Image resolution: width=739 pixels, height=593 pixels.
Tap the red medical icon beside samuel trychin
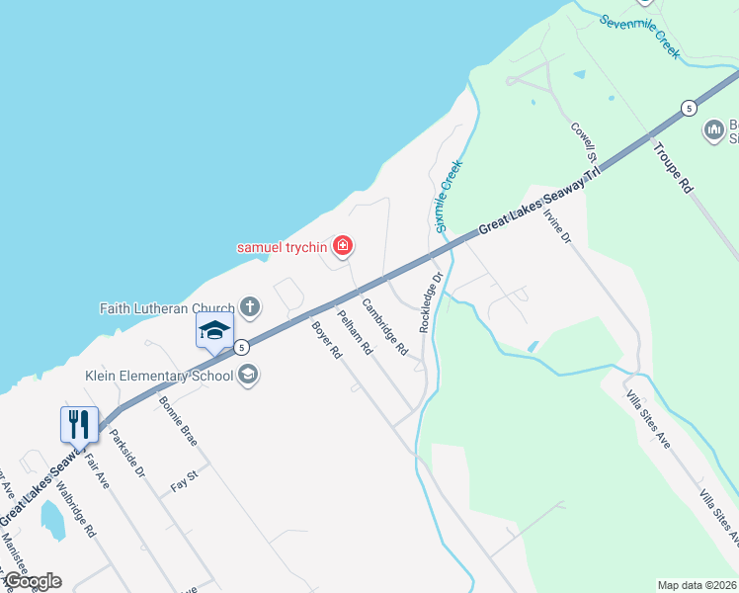click(x=342, y=245)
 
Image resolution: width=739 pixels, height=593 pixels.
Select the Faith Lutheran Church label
click(x=167, y=307)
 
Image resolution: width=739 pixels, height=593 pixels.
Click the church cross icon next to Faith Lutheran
click(x=250, y=306)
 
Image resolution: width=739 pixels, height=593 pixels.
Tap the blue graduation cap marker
click(x=214, y=332)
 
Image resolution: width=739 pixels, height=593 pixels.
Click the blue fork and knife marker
click(x=79, y=425)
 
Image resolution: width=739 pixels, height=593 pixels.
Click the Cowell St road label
click(x=584, y=143)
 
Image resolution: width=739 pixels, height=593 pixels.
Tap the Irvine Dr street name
click(x=558, y=224)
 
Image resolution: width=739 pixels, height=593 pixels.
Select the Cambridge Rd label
click(x=384, y=326)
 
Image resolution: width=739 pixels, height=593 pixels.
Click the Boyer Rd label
click(x=326, y=339)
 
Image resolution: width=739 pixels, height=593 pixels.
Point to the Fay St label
click(x=185, y=485)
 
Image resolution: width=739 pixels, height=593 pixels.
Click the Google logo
click(x=32, y=581)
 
